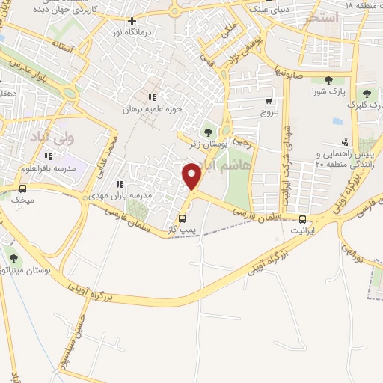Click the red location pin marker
[192, 176]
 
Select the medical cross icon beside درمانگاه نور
[132, 22]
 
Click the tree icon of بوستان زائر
[207, 132]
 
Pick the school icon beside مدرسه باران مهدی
[118, 184]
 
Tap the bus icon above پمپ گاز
[181, 218]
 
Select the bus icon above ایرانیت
[303, 219]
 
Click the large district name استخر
[322, 16]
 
